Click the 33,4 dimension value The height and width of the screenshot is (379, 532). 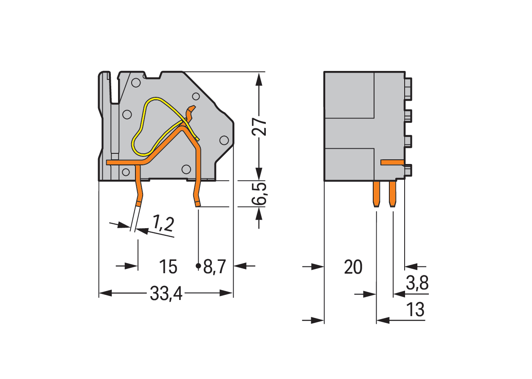click(x=166, y=294)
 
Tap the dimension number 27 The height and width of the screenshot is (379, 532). click(x=259, y=126)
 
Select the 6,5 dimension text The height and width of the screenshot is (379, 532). click(x=260, y=194)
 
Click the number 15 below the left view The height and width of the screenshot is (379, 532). click(x=168, y=267)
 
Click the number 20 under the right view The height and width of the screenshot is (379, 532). click(x=353, y=267)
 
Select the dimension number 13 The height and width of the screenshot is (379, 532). click(x=415, y=310)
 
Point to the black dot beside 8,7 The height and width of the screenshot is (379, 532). click(x=198, y=266)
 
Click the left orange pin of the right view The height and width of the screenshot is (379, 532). click(x=376, y=193)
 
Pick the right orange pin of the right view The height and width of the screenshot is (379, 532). click(x=392, y=193)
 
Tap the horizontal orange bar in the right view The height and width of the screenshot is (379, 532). click(x=392, y=162)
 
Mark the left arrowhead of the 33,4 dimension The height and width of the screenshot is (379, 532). click(x=104, y=293)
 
